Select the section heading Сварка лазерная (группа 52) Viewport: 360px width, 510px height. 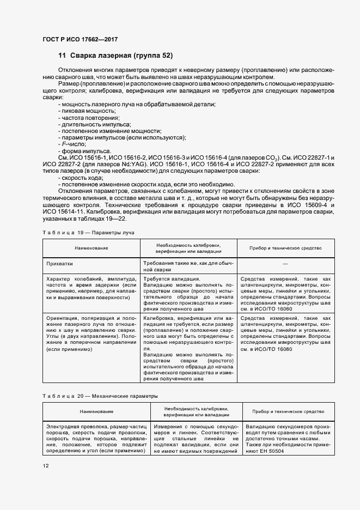pyautogui.click(x=115, y=56)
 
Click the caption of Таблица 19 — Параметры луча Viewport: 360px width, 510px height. pyautogui.click(x=88, y=232)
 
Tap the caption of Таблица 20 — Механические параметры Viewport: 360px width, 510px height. pyautogui.click(x=100, y=396)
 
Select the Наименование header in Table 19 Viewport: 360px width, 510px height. pyautogui.click(x=91, y=248)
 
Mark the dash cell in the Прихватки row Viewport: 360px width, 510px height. pyautogui.click(x=286, y=263)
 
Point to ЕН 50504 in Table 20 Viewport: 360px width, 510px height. pyautogui.click(x=274, y=452)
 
